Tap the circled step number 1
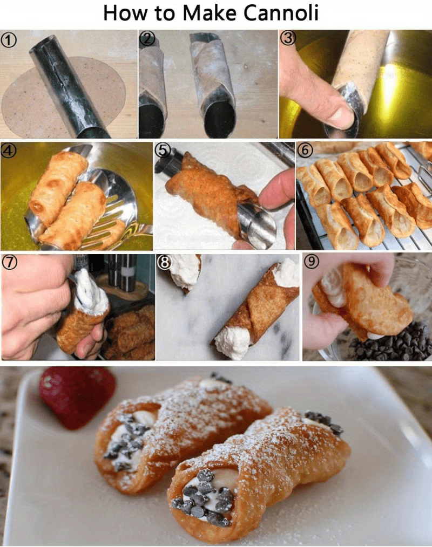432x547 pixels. point(9,39)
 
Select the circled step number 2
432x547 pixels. point(147,39)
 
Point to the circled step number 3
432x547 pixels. point(288,39)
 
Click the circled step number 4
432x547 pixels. point(9,151)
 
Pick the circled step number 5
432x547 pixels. point(163,151)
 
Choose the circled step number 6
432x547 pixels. point(305,151)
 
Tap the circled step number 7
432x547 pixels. point(9,262)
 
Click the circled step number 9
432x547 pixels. point(312,262)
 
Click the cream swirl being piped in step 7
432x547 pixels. point(91,294)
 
